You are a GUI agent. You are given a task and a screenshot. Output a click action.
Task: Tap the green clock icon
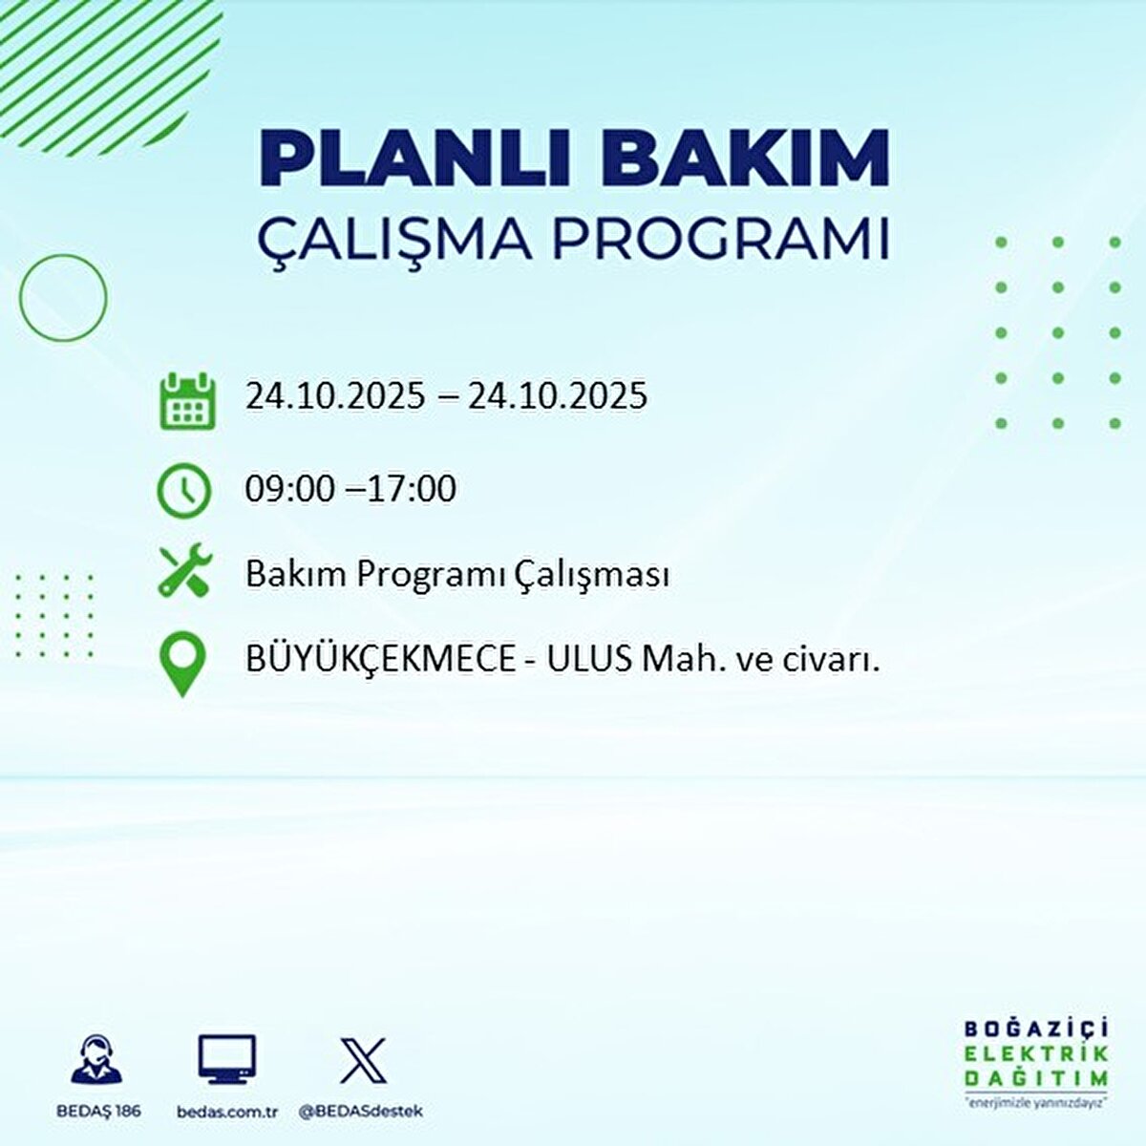point(183,490)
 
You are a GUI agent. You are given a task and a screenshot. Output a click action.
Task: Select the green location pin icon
point(182,664)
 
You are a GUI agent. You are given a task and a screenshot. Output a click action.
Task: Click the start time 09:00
point(289,489)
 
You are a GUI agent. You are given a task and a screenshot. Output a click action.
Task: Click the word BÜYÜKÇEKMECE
point(380,660)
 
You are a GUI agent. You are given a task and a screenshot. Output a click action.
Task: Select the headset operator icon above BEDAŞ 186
point(96,1060)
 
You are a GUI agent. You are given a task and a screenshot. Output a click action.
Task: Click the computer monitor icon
point(227,1060)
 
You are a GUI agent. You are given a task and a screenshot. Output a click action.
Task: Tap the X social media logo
point(363,1060)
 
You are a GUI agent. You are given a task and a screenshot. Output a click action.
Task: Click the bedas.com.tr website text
point(227,1112)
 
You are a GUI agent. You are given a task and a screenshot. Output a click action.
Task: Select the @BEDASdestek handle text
point(361,1112)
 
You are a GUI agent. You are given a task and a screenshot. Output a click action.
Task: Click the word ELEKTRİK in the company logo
point(1036,1053)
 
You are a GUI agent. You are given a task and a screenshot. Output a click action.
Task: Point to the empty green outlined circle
point(63,298)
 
